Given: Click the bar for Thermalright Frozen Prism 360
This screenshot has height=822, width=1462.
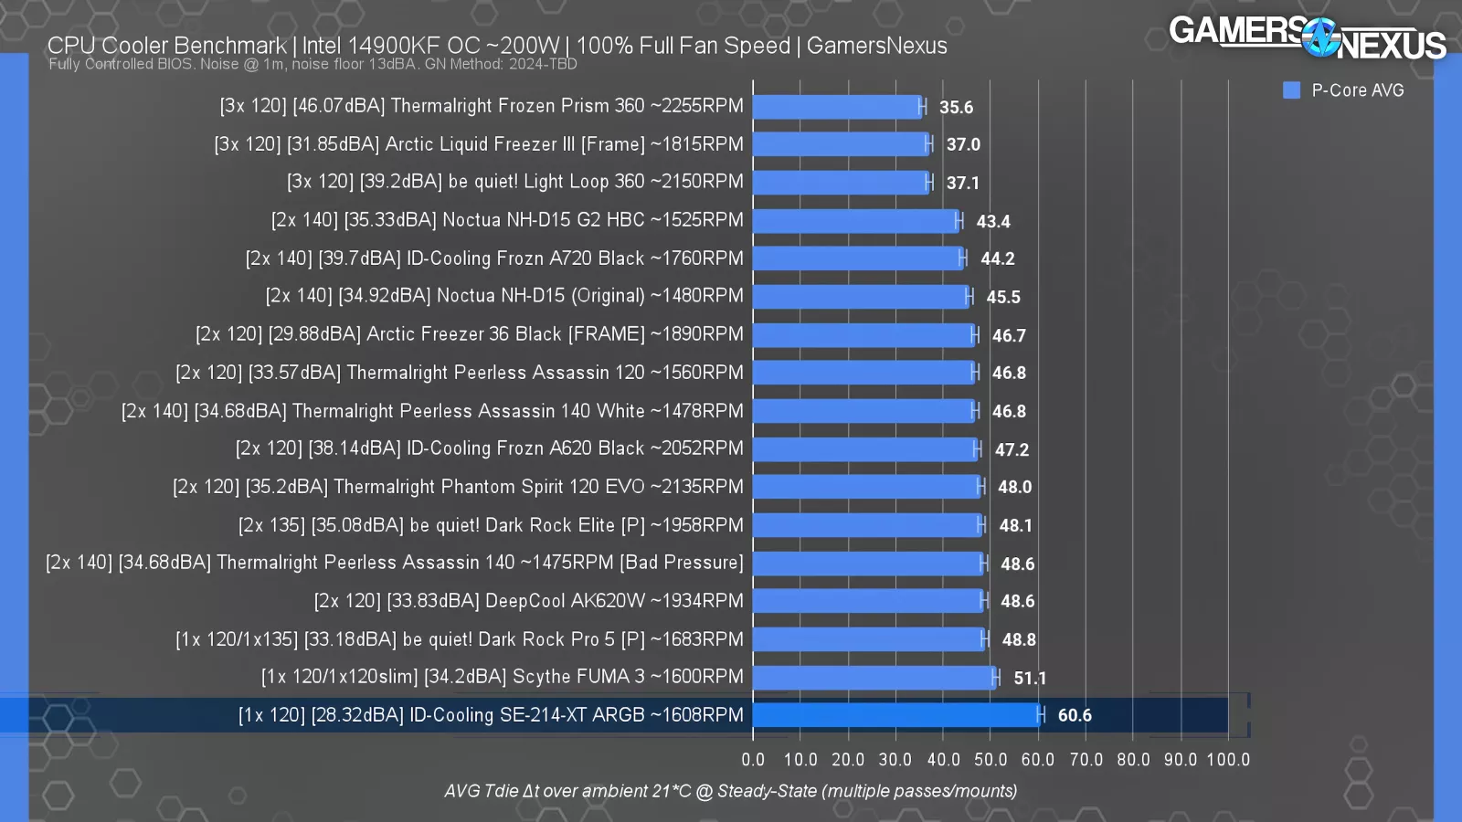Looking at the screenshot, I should pos(837,107).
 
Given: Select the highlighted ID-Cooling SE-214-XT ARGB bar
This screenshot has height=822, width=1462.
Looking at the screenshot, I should pos(895,715).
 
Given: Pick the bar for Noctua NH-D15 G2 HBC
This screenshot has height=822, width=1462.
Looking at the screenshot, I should pos(855,221).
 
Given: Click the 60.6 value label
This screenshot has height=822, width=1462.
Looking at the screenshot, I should pos(1075,716).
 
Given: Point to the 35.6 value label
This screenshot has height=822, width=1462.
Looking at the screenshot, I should pos(956,108).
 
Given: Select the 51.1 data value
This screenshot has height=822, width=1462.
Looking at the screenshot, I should pos(1030,679).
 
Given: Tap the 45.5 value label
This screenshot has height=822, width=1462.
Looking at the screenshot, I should pos(1003,298).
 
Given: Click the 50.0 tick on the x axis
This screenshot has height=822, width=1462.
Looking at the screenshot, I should pos(991,760).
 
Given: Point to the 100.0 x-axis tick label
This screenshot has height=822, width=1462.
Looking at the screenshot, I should pos(1228,760).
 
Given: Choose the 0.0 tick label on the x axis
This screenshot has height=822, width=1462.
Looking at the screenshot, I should pos(753,760).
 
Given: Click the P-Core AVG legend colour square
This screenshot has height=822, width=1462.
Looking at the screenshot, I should pos(1291,90).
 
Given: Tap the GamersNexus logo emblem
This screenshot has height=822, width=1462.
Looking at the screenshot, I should pos(1319,37).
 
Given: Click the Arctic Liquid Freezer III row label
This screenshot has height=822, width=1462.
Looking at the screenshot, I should pos(479,144).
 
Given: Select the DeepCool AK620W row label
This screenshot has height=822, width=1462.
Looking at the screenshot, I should pos(528,601).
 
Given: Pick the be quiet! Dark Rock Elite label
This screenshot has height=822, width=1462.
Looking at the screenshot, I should pos(491,525).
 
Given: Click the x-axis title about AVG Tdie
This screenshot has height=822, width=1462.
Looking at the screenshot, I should pos(730,791).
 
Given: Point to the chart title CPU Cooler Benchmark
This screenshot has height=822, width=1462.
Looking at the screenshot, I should pos(167,46).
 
